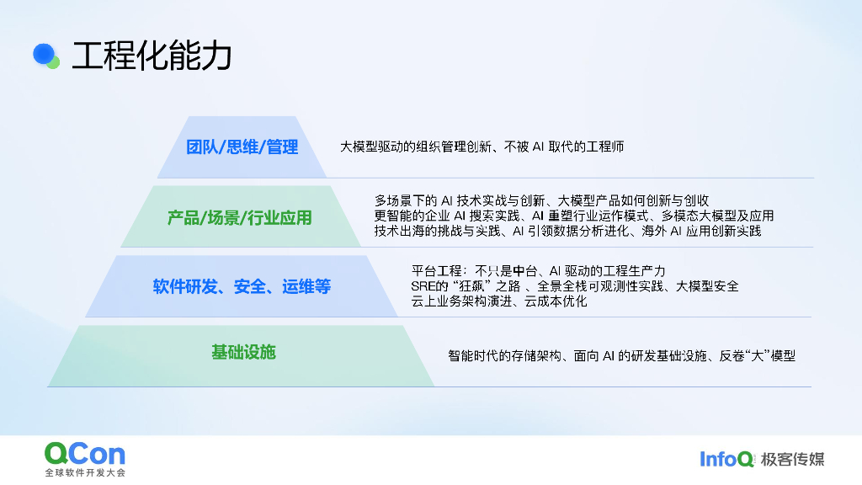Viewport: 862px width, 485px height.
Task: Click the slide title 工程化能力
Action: point(152,56)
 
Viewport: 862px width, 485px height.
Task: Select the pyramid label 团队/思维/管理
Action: point(242,147)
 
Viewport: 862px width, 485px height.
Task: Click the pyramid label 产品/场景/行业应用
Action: point(239,218)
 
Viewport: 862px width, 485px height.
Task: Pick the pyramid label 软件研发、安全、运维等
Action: point(242,286)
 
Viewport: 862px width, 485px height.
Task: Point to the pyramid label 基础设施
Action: point(243,352)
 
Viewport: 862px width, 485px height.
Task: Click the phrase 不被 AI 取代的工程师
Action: point(563,147)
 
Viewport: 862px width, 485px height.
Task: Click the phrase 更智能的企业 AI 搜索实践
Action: point(447,216)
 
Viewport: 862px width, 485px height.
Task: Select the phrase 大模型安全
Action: point(707,286)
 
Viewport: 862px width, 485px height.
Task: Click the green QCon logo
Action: point(84,455)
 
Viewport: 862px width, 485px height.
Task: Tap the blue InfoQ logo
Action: point(726,459)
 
